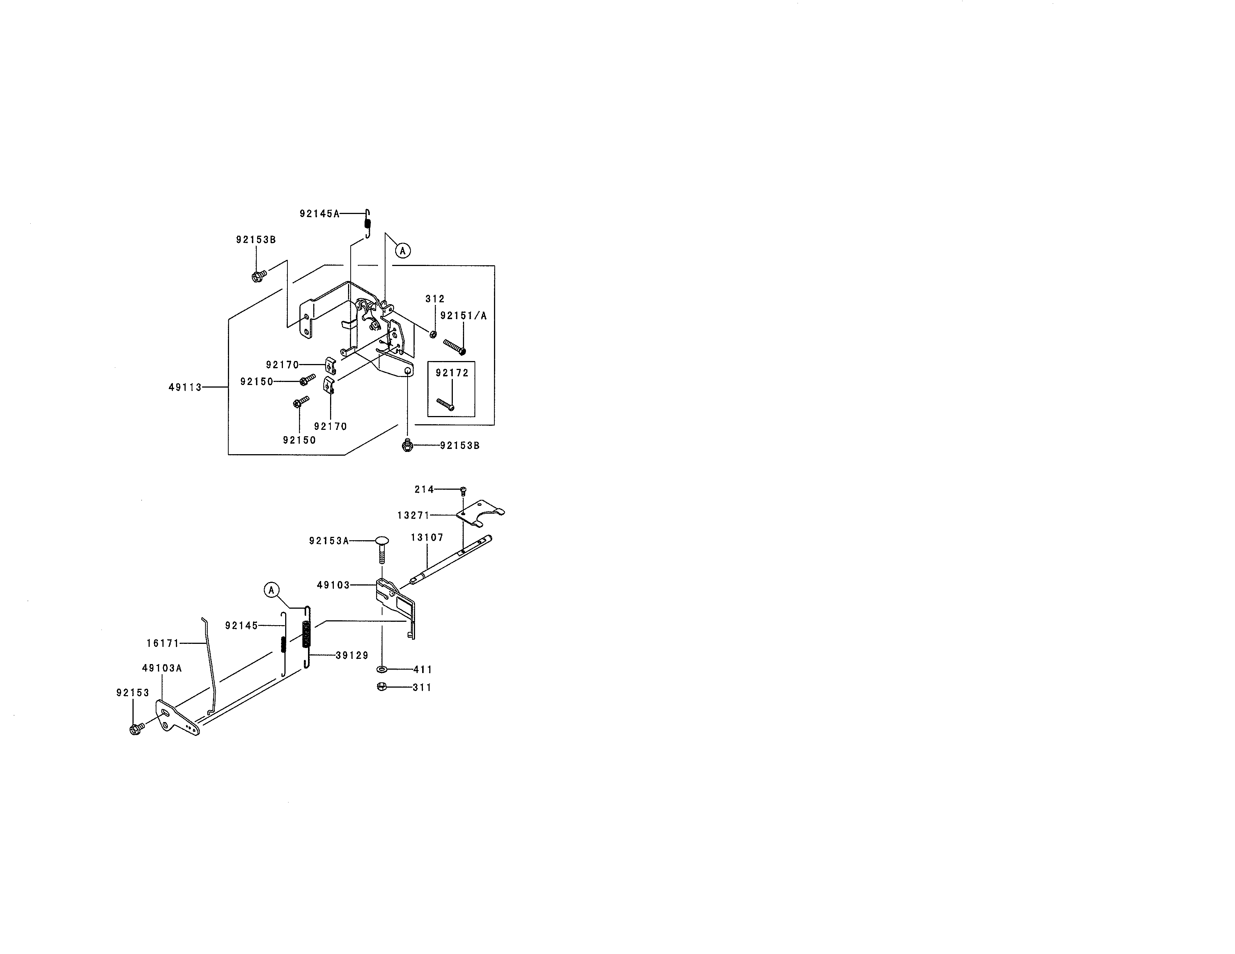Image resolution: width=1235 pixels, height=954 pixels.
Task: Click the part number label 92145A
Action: pyautogui.click(x=320, y=214)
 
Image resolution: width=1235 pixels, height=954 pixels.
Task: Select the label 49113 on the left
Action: pyautogui.click(x=185, y=387)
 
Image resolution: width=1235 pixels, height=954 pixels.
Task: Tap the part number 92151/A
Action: pyautogui.click(x=463, y=316)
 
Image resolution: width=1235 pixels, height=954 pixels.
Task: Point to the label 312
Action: pyautogui.click(x=435, y=299)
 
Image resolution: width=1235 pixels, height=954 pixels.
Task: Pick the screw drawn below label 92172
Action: pyautogui.click(x=446, y=404)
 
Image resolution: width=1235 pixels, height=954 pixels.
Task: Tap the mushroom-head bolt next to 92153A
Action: pyautogui.click(x=381, y=549)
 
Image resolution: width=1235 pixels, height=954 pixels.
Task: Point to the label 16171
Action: pyautogui.click(x=163, y=643)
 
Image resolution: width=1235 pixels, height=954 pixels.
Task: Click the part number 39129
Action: pyautogui.click(x=352, y=655)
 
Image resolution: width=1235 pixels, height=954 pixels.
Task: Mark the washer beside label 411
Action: pyautogui.click(x=382, y=670)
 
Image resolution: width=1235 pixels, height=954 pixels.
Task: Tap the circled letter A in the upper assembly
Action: pyautogui.click(x=402, y=250)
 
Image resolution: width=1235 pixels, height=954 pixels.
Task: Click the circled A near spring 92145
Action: pyautogui.click(x=271, y=590)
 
